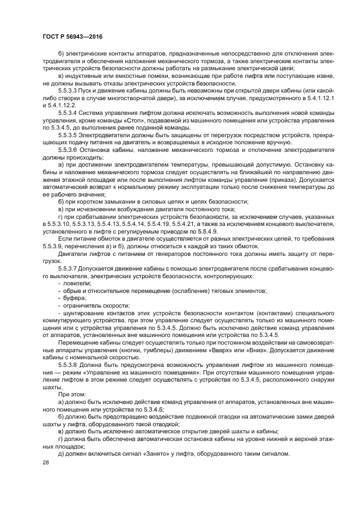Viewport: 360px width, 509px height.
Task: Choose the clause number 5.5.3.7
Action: click(x=69, y=268)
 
